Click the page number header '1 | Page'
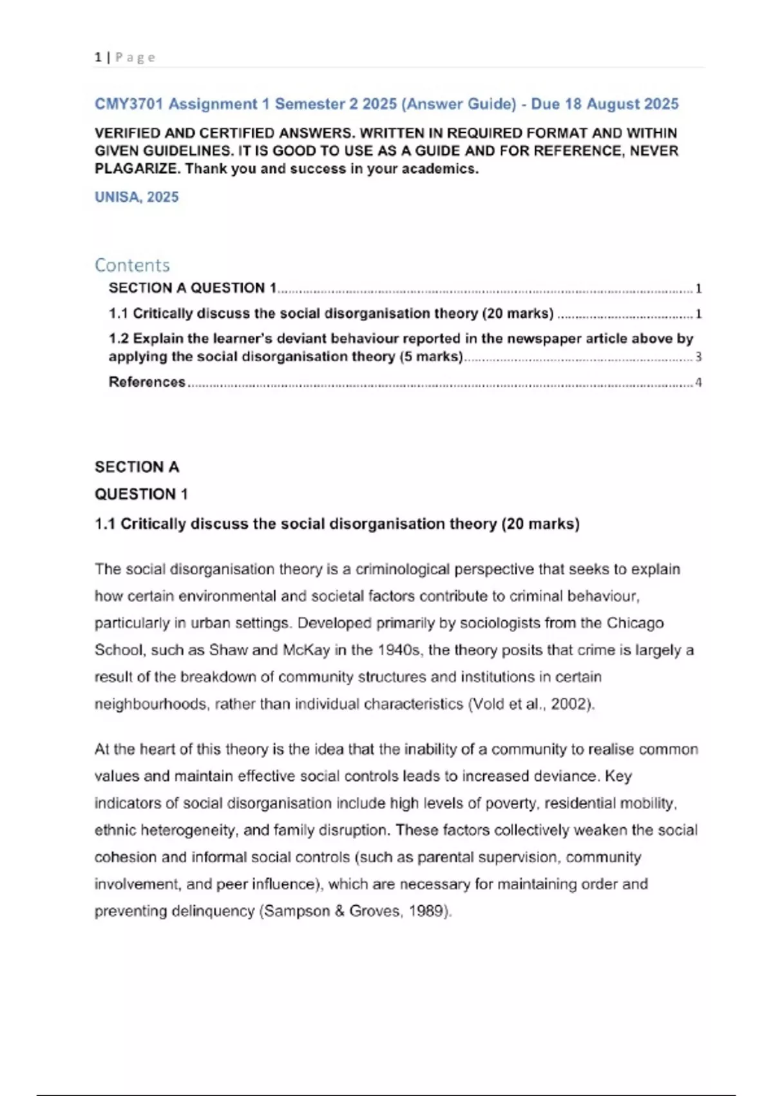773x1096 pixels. tap(125, 57)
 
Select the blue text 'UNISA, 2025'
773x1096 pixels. tap(137, 197)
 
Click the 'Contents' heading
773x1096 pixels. tap(132, 265)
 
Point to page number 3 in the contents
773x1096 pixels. tap(698, 357)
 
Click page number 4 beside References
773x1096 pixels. tap(698, 382)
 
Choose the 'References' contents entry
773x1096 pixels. tap(147, 382)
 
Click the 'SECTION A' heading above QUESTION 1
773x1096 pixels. tap(137, 467)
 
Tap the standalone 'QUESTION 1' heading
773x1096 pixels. tap(141, 494)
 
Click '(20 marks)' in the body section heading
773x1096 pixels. tap(540, 524)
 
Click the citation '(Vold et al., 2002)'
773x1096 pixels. tap(530, 704)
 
